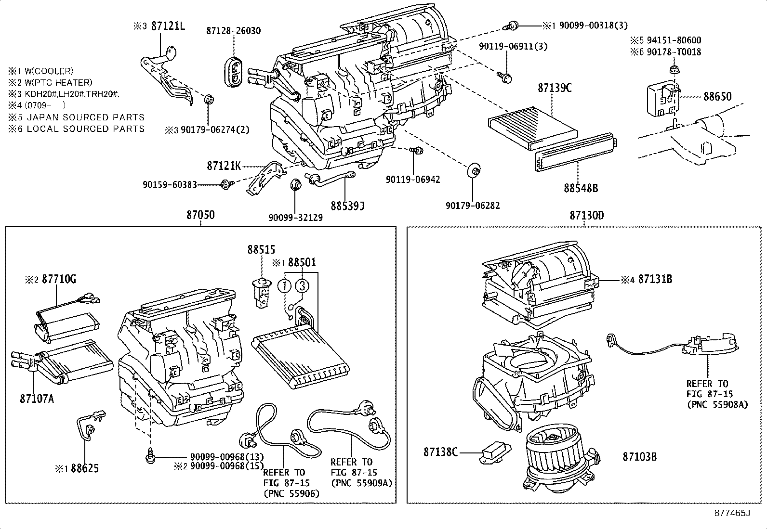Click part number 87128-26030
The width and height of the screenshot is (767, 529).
(x=233, y=31)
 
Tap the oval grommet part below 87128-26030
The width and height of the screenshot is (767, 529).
(x=234, y=72)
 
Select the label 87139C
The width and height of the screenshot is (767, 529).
(x=555, y=88)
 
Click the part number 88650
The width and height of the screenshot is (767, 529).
(x=717, y=96)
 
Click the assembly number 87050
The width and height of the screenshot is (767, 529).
(x=200, y=215)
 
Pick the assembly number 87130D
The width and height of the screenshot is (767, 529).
(x=586, y=215)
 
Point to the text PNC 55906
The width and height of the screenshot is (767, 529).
(x=291, y=493)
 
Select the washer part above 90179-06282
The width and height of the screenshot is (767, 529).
(x=475, y=170)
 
